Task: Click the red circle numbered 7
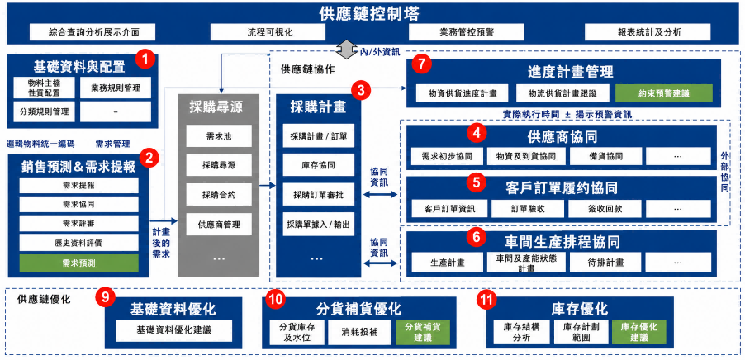(x=422, y=64)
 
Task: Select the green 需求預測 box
(x=78, y=263)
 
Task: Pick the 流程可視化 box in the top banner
(x=268, y=32)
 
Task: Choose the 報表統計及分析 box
(x=648, y=32)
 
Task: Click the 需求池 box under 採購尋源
(x=219, y=136)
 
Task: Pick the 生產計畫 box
(x=447, y=263)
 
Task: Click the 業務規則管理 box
(x=116, y=88)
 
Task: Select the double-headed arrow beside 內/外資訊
(x=347, y=48)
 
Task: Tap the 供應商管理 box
(x=219, y=225)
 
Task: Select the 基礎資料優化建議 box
(x=174, y=330)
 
